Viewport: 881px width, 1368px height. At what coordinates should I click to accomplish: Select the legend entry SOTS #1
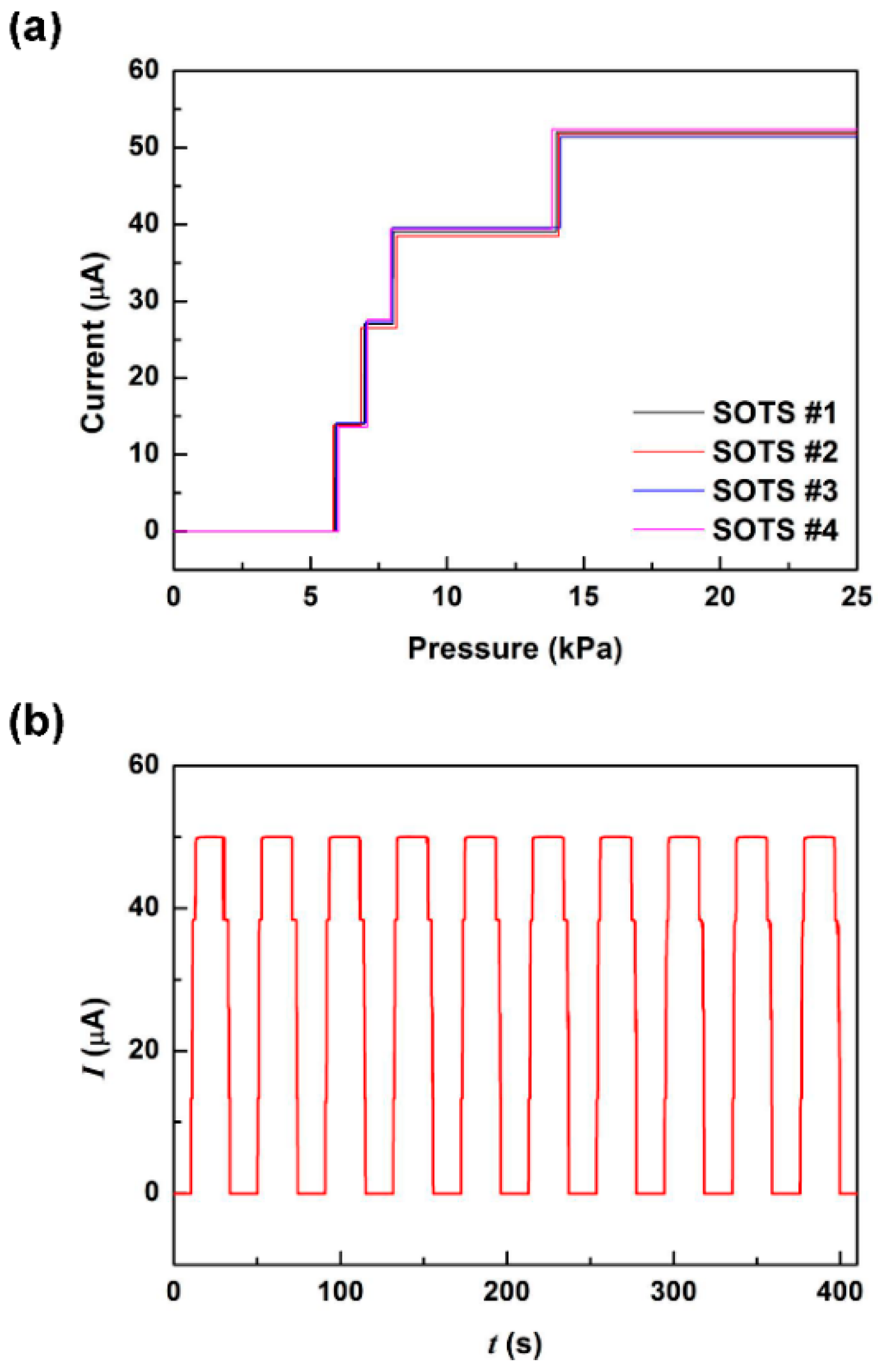(774, 413)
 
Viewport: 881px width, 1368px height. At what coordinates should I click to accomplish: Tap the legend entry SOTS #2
(774, 452)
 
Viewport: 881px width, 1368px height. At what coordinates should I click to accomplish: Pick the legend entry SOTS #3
(774, 491)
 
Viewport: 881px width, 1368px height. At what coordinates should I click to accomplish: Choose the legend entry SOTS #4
(774, 530)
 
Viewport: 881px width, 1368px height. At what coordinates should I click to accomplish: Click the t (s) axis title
(515, 1344)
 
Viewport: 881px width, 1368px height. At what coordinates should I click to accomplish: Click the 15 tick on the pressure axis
(583, 597)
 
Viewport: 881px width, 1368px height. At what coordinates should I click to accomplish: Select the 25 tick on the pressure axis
(856, 597)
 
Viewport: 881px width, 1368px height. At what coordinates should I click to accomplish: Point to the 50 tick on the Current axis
(143, 147)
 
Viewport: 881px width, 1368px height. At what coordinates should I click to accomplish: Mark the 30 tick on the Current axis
(143, 300)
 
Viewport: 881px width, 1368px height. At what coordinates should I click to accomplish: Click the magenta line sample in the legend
(668, 530)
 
